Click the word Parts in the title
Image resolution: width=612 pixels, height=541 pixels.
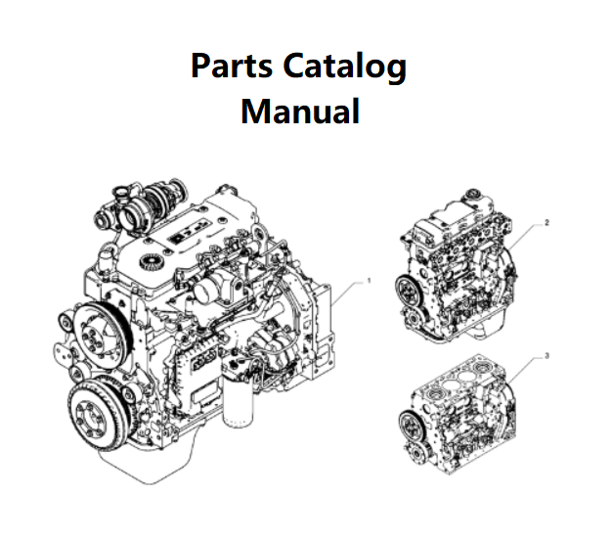click(x=232, y=67)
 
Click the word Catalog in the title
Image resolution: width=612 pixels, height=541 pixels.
click(x=344, y=67)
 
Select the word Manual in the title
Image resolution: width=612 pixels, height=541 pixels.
click(x=300, y=110)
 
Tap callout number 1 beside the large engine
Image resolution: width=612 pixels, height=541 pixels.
click(x=369, y=281)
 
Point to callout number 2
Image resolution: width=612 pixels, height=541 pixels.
click(x=546, y=222)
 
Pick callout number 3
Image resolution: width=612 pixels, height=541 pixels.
click(x=546, y=355)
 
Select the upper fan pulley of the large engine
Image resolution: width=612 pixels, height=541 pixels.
click(x=96, y=334)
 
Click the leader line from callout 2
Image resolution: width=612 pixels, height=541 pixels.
click(x=526, y=231)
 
